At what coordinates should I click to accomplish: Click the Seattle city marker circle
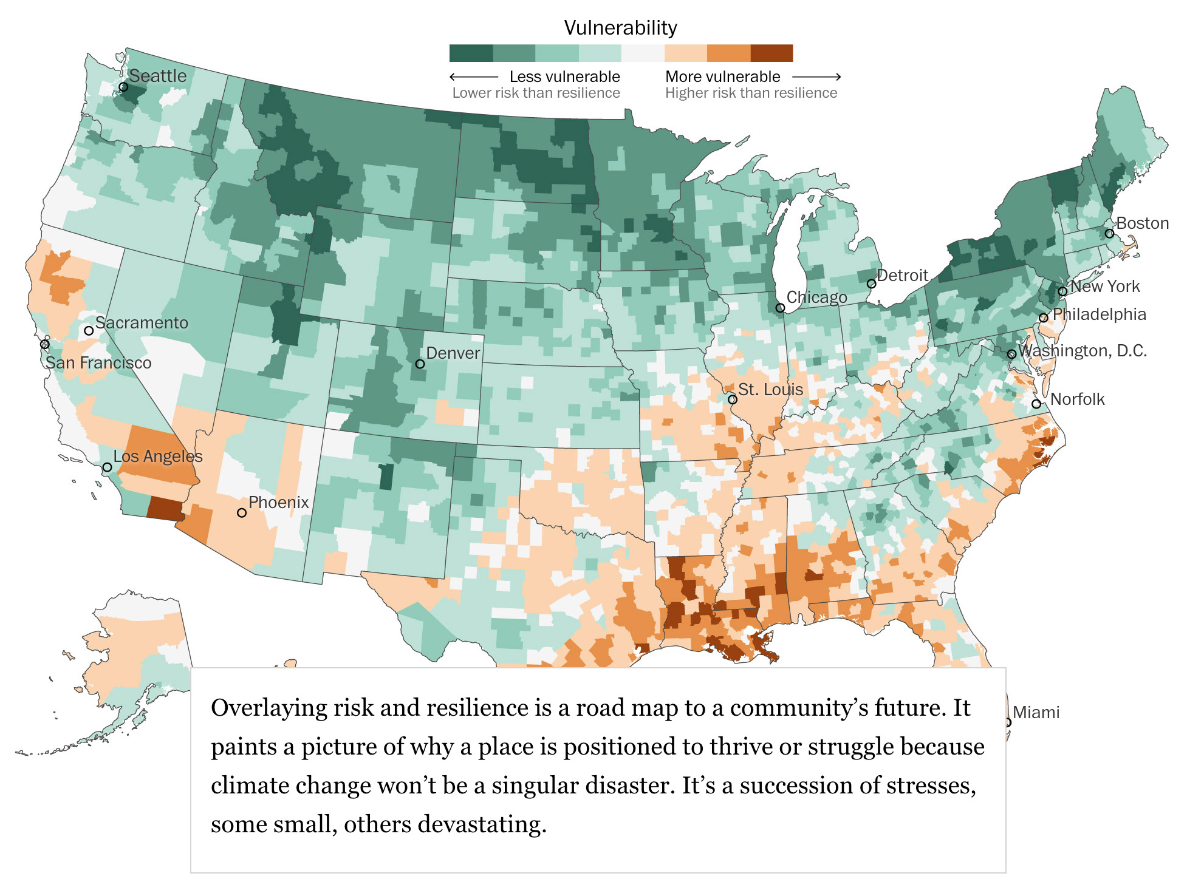[x=123, y=87]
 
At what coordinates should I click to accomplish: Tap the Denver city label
[x=453, y=353]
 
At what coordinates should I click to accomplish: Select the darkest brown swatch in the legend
[x=771, y=53]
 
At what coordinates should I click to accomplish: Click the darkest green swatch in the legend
[x=471, y=53]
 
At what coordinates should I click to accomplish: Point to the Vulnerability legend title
[x=620, y=28]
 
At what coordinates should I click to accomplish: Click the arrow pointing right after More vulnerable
[x=816, y=76]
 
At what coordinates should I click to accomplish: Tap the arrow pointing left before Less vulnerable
[x=473, y=76]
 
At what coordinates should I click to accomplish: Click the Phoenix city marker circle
[x=242, y=513]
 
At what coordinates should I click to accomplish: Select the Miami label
[x=1036, y=712]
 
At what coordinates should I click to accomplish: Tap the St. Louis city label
[x=770, y=389]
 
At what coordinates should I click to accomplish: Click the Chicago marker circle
[x=780, y=308]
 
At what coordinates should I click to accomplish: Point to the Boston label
[x=1142, y=223]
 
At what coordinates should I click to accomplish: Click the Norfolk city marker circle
[x=1036, y=404]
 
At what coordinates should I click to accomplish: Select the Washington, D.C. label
[x=1083, y=351]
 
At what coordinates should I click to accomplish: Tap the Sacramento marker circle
[x=89, y=331]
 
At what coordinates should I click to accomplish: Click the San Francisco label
[x=98, y=363]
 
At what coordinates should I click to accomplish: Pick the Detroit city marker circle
[x=871, y=283]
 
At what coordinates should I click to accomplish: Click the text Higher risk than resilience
[x=751, y=93]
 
